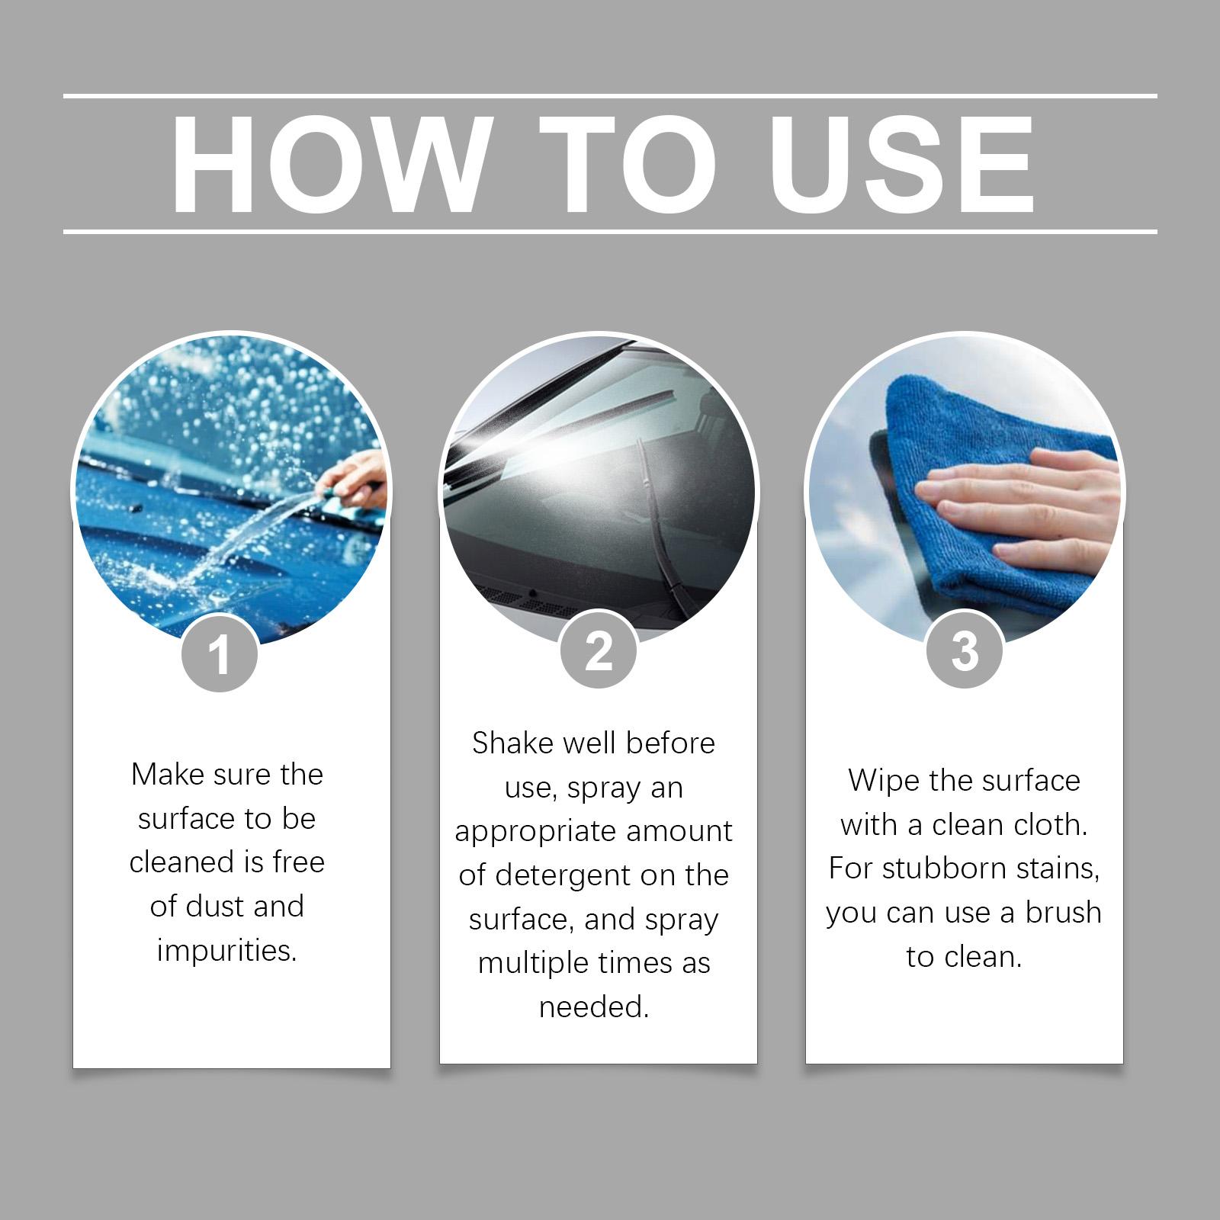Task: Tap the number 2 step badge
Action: (x=598, y=650)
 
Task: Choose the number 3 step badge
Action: (x=965, y=650)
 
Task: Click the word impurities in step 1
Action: (x=226, y=951)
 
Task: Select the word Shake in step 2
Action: (x=513, y=743)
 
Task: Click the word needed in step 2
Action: (x=594, y=1007)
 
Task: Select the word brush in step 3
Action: (x=1063, y=912)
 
